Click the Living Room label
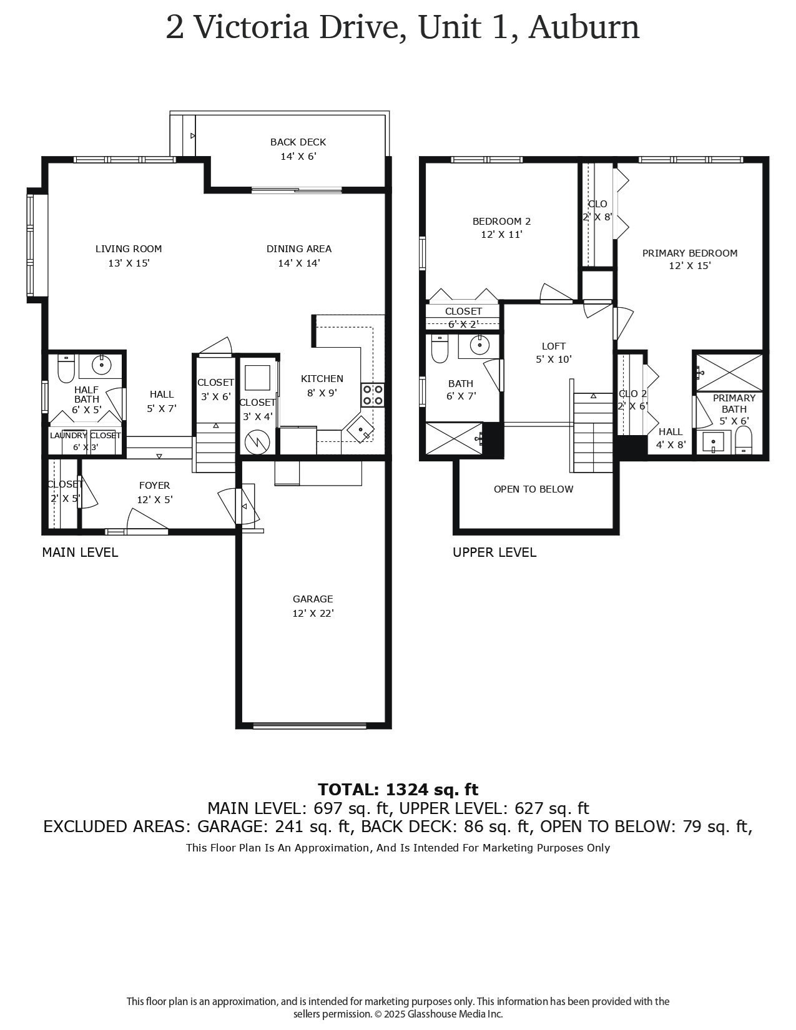(129, 248)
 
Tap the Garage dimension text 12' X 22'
(313, 613)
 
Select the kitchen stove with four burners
(372, 395)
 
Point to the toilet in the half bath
(66, 368)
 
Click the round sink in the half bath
(101, 363)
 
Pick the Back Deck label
(298, 142)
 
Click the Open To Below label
(533, 489)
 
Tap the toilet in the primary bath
(744, 441)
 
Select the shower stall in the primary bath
(729, 373)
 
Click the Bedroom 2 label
(501, 221)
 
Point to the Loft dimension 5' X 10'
(553, 359)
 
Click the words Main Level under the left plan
(80, 552)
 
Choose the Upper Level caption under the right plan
(494, 552)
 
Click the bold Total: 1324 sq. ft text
(398, 789)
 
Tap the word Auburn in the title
(584, 27)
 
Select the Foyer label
(154, 485)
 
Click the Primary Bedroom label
(689, 253)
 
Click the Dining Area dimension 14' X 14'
(299, 263)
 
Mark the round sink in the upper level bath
(479, 345)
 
